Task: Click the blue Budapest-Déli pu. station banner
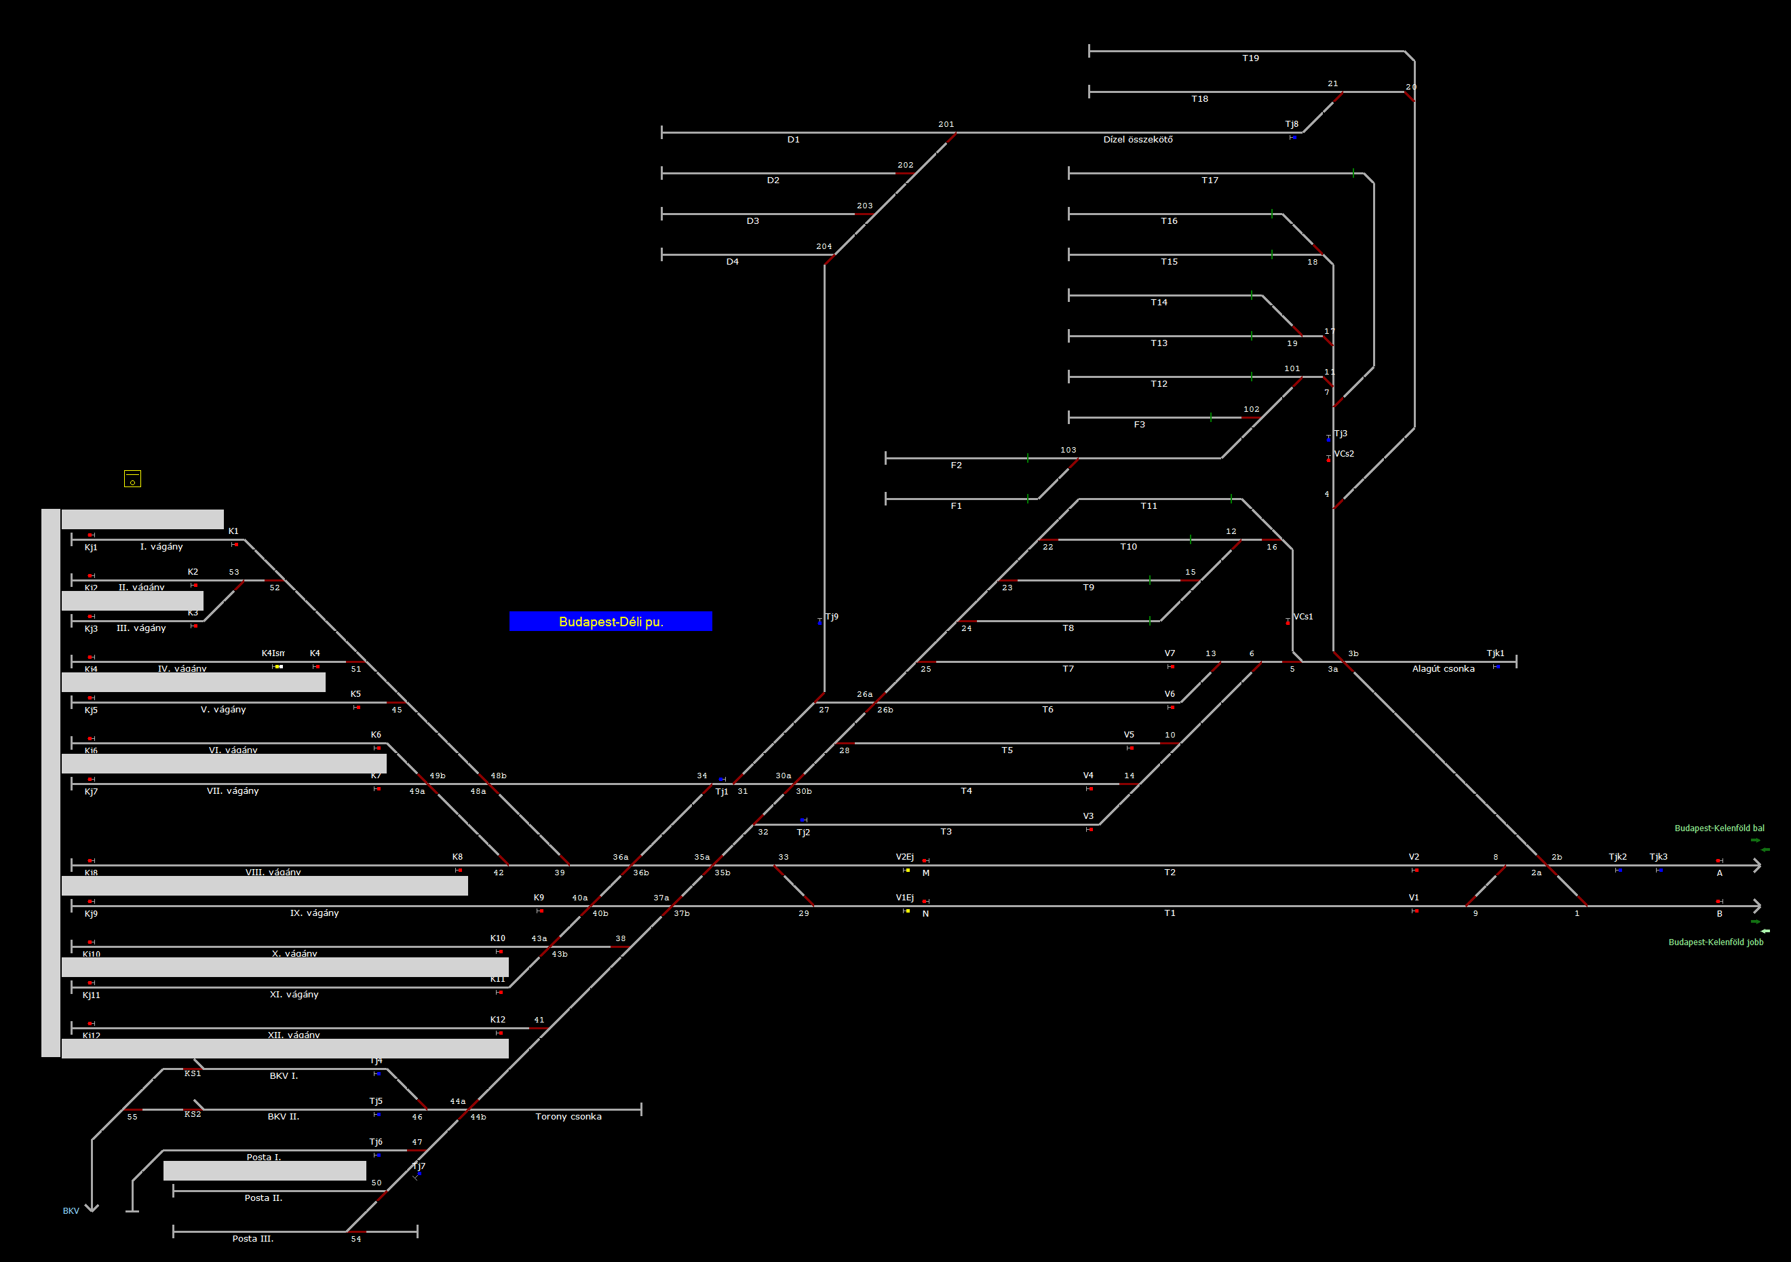click(x=610, y=622)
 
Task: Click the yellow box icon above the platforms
click(x=132, y=479)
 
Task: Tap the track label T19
click(x=1250, y=58)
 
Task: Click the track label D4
click(x=733, y=262)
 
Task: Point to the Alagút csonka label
click(x=1443, y=669)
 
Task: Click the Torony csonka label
click(x=568, y=1117)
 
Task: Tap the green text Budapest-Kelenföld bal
click(x=1719, y=828)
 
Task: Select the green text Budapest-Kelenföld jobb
click(x=1715, y=942)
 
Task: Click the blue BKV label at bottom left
click(x=71, y=1211)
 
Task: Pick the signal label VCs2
click(x=1344, y=454)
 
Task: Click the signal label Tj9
click(x=832, y=617)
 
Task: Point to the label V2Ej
click(x=905, y=857)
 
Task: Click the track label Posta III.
click(x=253, y=1239)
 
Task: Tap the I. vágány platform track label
click(x=161, y=547)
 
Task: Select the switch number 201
click(x=946, y=125)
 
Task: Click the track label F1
click(x=957, y=506)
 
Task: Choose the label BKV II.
click(x=283, y=1117)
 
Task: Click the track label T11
click(x=1149, y=506)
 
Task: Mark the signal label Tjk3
click(x=1659, y=857)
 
